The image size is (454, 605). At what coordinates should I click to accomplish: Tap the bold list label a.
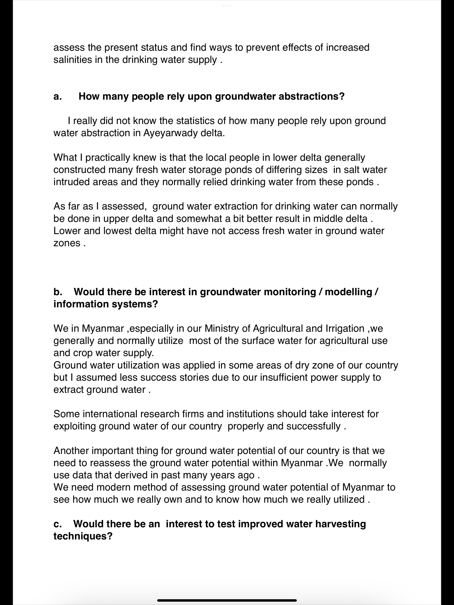(x=57, y=97)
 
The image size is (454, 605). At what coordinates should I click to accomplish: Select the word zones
(x=67, y=243)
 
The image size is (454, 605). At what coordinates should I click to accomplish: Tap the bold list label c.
(x=57, y=524)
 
